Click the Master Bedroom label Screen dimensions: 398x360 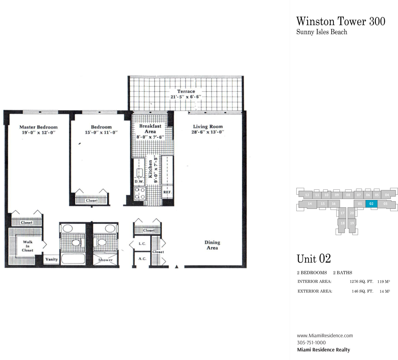click(38, 127)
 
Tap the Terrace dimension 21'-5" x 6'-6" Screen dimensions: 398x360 click(186, 97)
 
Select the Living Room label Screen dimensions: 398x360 click(208, 126)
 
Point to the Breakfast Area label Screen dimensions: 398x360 click(150, 129)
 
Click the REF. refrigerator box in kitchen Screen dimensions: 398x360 click(168, 192)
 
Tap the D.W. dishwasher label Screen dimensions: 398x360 click(139, 181)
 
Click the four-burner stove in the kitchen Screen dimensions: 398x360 click(140, 193)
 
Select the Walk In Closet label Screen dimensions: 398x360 click(28, 246)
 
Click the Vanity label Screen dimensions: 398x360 click(52, 259)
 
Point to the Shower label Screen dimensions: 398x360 click(105, 260)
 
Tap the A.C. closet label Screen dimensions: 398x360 click(142, 259)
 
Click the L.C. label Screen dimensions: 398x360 click(142, 244)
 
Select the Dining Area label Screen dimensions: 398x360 click(212, 245)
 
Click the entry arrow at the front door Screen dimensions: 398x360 click(177, 266)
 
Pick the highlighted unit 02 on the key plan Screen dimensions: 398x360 click(371, 204)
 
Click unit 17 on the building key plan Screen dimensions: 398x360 click(342, 213)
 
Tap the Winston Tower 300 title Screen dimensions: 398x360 click(341, 21)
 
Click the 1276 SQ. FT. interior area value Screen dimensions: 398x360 click(361, 281)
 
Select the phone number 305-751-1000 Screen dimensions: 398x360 click(311, 342)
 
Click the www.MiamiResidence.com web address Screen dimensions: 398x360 click(325, 335)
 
